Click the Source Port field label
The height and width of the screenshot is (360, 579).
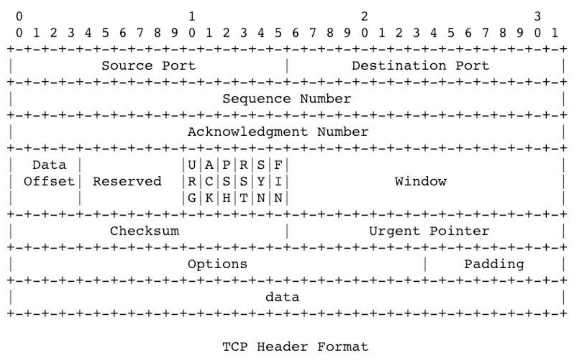coord(148,66)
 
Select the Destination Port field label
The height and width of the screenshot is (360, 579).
coord(420,66)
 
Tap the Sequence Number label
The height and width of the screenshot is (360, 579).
coord(286,99)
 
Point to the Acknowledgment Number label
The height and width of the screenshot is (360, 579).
coord(278,132)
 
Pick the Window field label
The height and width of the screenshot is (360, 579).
coord(420,181)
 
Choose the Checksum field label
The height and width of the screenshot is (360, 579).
coord(144,231)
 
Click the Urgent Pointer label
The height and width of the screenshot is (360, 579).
coord(429,231)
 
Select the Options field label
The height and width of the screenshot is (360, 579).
coord(217,264)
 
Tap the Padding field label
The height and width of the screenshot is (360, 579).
coord(494,264)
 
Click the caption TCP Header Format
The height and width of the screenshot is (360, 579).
coord(286,346)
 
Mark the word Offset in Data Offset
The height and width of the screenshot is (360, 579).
coord(49,181)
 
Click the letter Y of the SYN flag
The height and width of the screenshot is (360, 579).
coord(261,181)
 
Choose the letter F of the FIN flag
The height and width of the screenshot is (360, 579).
coord(278,165)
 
